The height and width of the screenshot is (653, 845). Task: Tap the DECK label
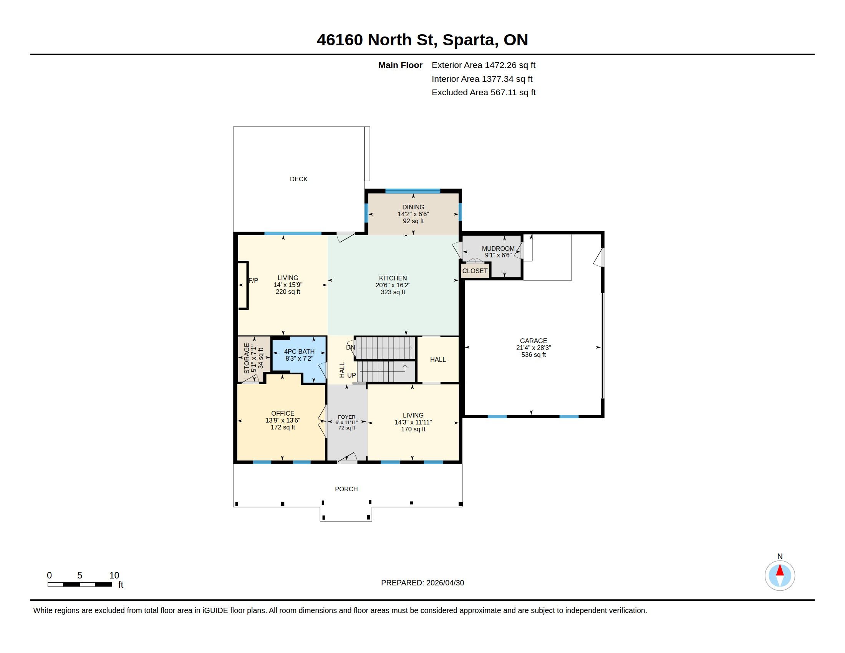click(299, 179)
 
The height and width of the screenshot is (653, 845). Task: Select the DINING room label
click(413, 207)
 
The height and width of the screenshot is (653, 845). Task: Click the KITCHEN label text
click(393, 278)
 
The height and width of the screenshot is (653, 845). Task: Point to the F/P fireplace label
click(253, 280)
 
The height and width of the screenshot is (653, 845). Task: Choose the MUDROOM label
click(498, 249)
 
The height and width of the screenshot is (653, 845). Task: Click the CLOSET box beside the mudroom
click(475, 271)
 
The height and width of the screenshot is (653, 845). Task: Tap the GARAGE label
click(533, 341)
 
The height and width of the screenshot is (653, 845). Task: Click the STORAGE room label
click(247, 358)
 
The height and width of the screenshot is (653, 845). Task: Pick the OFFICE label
click(283, 414)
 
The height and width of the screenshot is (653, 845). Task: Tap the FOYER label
click(347, 417)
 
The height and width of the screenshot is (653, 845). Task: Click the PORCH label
click(346, 489)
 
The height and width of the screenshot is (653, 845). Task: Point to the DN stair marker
click(351, 347)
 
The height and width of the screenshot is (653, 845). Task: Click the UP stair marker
click(351, 375)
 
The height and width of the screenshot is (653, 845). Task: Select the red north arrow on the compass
click(780, 570)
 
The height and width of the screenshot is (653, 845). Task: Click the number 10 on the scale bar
click(114, 575)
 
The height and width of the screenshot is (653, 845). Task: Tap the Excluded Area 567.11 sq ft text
click(484, 93)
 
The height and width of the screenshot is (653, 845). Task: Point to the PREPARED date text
click(422, 583)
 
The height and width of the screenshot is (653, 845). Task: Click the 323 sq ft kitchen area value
click(393, 292)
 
